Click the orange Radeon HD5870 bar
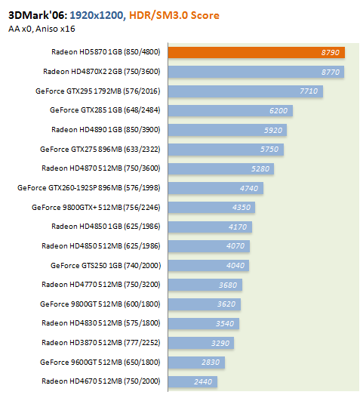coord(256,53)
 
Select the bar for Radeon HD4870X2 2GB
coord(256,72)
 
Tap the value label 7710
coord(309,91)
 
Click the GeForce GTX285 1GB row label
coord(105,110)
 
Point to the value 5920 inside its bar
coord(273,130)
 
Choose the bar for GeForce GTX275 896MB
coord(226,150)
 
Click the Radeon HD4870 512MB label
coord(101,168)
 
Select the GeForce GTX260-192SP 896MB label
coord(89,188)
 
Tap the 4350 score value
coord(241,208)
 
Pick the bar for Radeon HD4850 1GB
coord(210,227)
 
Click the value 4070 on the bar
coord(235,246)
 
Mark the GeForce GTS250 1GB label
coord(106,266)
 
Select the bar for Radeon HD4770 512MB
coord(205,285)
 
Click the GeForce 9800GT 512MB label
coord(100,304)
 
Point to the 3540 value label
coord(225,324)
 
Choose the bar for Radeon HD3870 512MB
coord(201,343)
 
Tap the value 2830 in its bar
coord(211,363)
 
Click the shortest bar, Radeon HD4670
coord(192,381)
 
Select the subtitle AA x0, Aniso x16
coord(42,29)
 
